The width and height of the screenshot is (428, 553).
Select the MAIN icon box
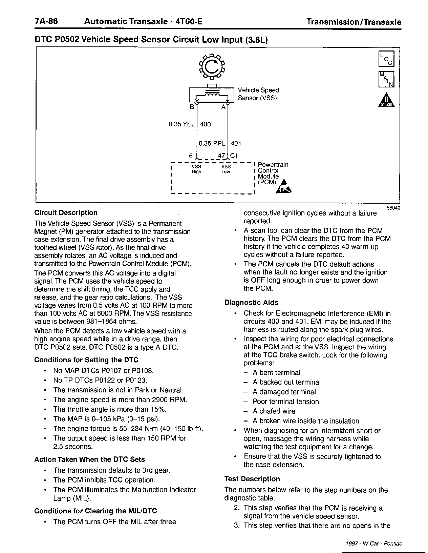pyautogui.click(x=386, y=79)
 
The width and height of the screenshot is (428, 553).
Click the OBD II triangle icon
pyautogui.click(x=386, y=100)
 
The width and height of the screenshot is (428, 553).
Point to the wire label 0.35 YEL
pyautogui.click(x=181, y=124)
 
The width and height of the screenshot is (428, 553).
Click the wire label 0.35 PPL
pyautogui.click(x=212, y=143)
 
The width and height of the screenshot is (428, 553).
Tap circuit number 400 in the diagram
pyautogui.click(x=206, y=124)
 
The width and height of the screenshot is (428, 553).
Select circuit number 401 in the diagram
pyautogui.click(x=236, y=143)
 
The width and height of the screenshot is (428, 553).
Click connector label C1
pyautogui.click(x=234, y=156)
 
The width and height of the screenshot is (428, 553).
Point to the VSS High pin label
pyautogui.click(x=196, y=169)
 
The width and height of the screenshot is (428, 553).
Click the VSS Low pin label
pyautogui.click(x=226, y=169)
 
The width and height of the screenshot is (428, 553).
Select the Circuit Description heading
pyautogui.click(x=66, y=213)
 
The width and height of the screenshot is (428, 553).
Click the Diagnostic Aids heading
pyautogui.click(x=251, y=303)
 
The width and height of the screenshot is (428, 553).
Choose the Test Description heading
pyautogui.click(x=252, y=479)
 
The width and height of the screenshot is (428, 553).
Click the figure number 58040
pyautogui.click(x=393, y=208)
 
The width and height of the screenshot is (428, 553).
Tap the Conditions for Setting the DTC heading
pyautogui.click(x=86, y=360)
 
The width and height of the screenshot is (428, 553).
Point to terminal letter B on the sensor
pyautogui.click(x=192, y=107)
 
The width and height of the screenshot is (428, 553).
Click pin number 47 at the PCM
pyautogui.click(x=221, y=156)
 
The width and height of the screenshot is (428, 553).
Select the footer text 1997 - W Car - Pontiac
pyautogui.click(x=374, y=544)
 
